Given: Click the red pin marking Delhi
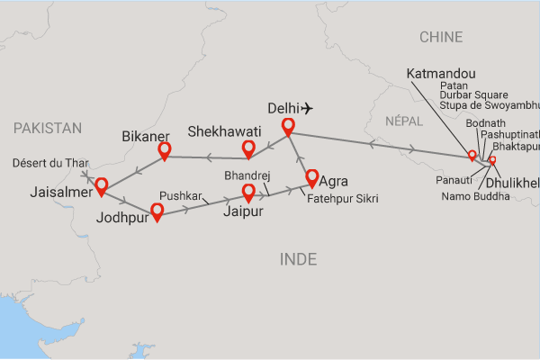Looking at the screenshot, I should point(288,128).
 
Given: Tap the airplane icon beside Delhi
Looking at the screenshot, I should point(309,108).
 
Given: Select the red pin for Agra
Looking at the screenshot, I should point(312,176).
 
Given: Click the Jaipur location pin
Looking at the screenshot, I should point(249,191).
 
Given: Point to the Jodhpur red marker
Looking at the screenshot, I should point(157,211).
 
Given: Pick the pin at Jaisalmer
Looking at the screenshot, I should point(101,186).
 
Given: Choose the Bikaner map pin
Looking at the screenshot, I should point(165,151).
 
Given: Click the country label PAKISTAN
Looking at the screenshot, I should point(48,129).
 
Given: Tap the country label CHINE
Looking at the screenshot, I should point(441,37).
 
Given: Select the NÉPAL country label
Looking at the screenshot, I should point(401,121).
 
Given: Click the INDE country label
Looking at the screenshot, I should point(299,259).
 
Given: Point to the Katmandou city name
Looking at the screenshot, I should point(441,72).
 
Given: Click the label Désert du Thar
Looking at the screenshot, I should point(51,163).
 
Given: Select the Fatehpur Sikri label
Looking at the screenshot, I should point(342,197).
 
